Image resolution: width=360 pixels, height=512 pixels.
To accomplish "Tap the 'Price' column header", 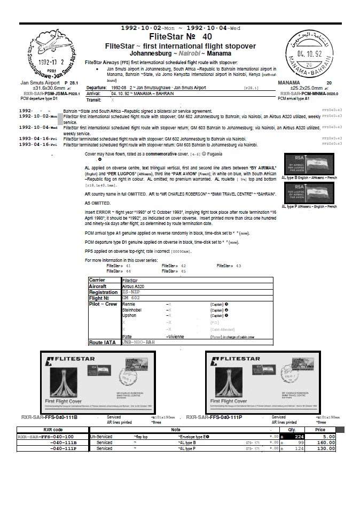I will (320, 429).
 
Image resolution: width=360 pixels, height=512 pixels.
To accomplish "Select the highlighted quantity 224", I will (298, 436).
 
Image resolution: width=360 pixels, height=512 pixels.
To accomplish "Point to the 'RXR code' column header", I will (53, 429).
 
